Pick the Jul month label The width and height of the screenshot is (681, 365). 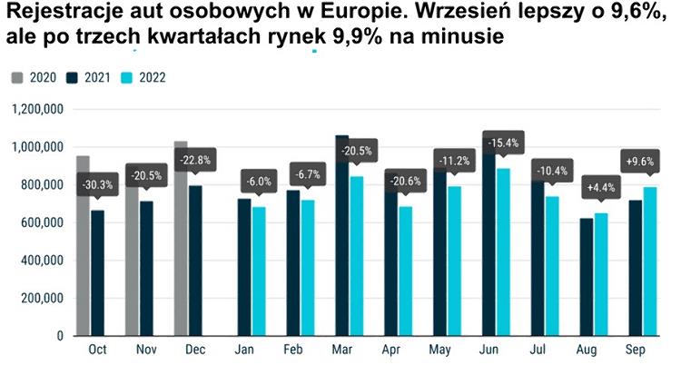(x=538, y=349)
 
